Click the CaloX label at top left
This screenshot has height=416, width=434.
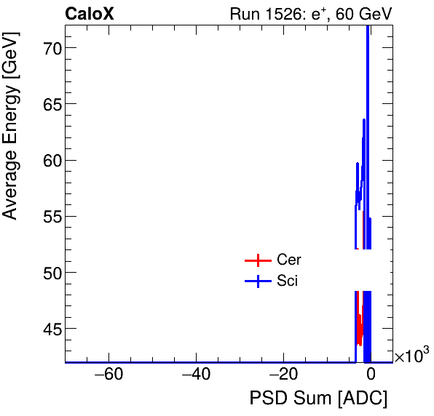[x=90, y=14]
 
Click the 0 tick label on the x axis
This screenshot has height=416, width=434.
[x=371, y=376]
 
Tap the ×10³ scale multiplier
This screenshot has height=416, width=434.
[x=412, y=356]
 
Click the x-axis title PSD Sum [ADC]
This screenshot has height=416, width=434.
[x=318, y=399]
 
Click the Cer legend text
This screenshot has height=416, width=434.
[x=288, y=260]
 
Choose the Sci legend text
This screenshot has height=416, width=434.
[x=287, y=281]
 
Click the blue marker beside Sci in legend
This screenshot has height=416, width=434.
[x=257, y=282]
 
